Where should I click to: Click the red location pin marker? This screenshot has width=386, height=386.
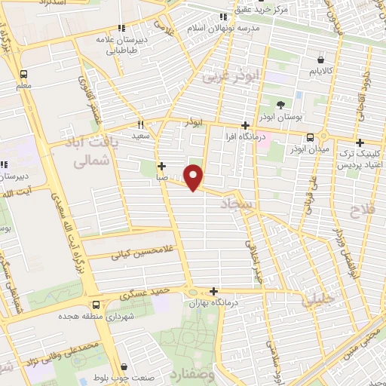pyautogui.click(x=195, y=177)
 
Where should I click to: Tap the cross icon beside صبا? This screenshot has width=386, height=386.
pyautogui.click(x=161, y=166)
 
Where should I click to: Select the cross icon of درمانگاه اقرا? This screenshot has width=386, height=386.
pyautogui.click(x=244, y=125)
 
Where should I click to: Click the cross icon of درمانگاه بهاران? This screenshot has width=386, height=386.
pyautogui.click(x=214, y=291)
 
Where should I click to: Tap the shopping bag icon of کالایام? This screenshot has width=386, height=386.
pyautogui.click(x=321, y=60)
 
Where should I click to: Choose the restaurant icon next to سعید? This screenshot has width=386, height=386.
pyautogui.click(x=140, y=124)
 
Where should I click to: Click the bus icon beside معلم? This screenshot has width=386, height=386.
pyautogui.click(x=23, y=75)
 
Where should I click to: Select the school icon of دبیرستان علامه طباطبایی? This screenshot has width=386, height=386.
pyautogui.click(x=121, y=29)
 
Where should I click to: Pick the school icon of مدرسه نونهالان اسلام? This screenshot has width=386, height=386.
pyautogui.click(x=222, y=17)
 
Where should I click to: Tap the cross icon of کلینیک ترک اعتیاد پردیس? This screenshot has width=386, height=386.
pyautogui.click(x=360, y=142)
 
